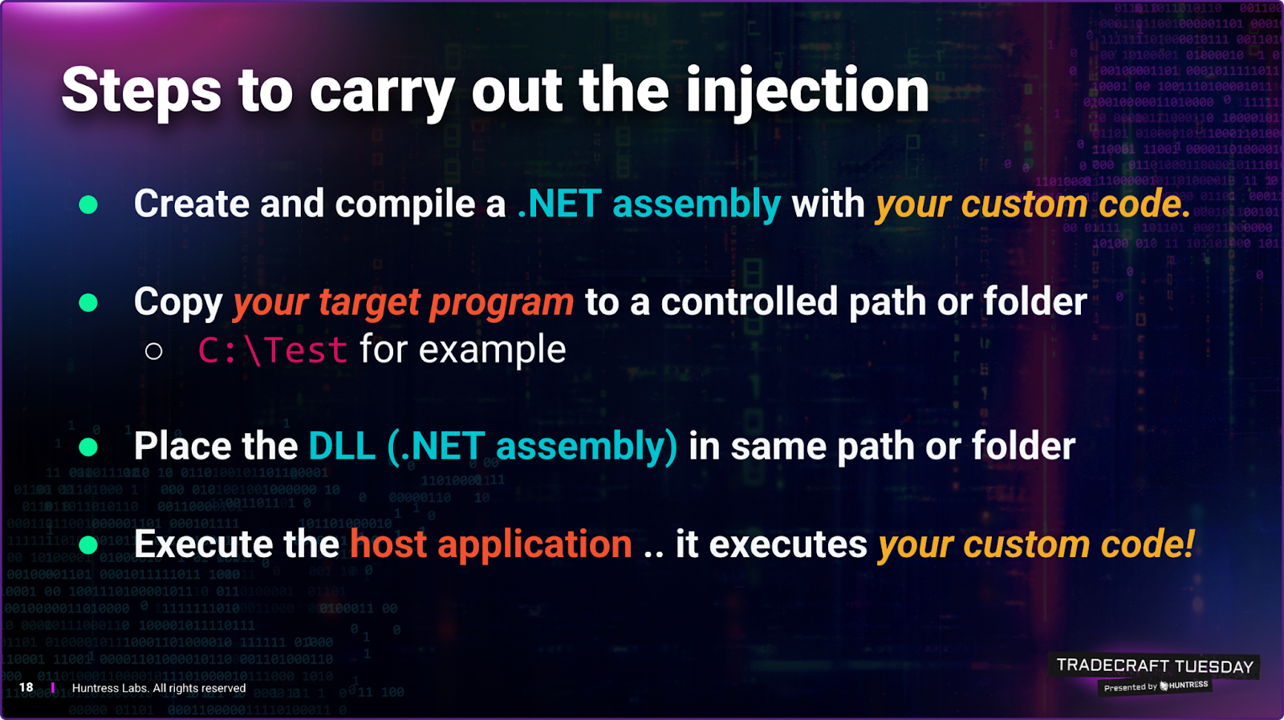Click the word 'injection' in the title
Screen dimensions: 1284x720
pos(807,91)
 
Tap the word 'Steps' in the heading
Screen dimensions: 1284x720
pos(141,91)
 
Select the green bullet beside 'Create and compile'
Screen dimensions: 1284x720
pos(88,204)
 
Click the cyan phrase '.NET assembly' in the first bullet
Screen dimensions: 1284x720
pos(649,204)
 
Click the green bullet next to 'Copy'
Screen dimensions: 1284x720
pos(88,302)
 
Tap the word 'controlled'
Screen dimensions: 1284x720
pos(750,301)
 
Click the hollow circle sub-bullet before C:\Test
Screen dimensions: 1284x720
pos(153,351)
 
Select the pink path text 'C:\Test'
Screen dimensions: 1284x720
pos(273,350)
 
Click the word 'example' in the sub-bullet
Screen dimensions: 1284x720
pos(492,350)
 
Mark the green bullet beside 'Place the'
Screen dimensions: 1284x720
pos(88,447)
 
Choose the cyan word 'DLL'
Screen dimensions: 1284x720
pos(342,447)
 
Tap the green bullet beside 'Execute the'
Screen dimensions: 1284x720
pos(88,544)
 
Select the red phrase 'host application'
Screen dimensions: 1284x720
pos(491,544)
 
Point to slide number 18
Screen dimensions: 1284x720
pos(26,687)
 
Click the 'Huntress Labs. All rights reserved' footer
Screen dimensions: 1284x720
pos(159,688)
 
